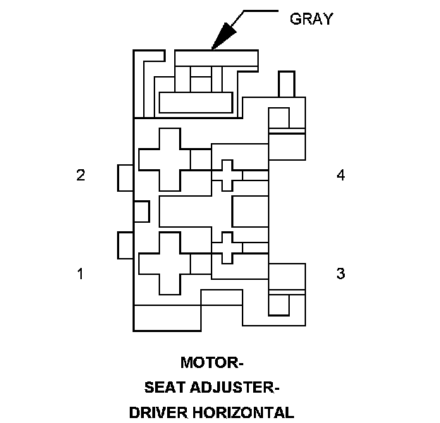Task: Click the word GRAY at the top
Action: coord(311,19)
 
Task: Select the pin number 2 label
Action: coord(81,176)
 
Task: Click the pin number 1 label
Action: coord(80,274)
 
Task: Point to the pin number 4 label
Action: coord(341,176)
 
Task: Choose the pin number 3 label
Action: coord(341,274)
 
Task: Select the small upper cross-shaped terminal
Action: coord(226,175)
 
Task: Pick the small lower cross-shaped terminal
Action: coord(226,247)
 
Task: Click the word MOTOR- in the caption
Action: coord(212,364)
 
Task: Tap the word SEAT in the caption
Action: coord(164,388)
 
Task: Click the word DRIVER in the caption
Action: coord(164,412)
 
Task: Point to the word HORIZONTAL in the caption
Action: coord(245,412)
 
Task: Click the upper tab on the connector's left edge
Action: coord(126,178)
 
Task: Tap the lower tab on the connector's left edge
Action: coord(126,245)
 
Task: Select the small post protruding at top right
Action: coord(287,83)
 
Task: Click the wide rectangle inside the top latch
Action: coord(195,102)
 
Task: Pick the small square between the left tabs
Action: coord(141,211)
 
